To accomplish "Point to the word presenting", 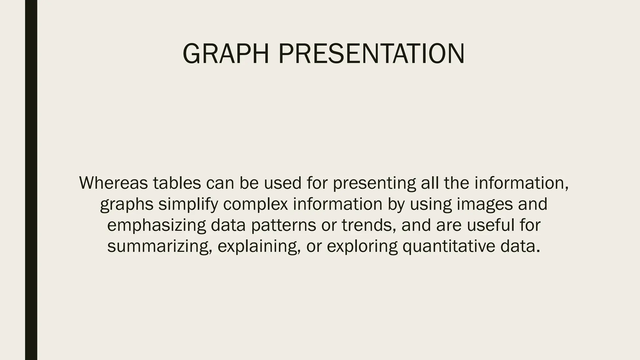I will [374, 183].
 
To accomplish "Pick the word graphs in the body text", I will [127, 205].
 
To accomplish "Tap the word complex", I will [255, 204].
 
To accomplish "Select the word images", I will [485, 205].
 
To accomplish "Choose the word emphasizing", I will [157, 226].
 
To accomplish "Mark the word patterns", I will [283, 226].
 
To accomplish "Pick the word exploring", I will [362, 247].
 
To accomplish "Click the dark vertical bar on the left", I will [31, 180].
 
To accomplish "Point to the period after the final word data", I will [538, 251].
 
